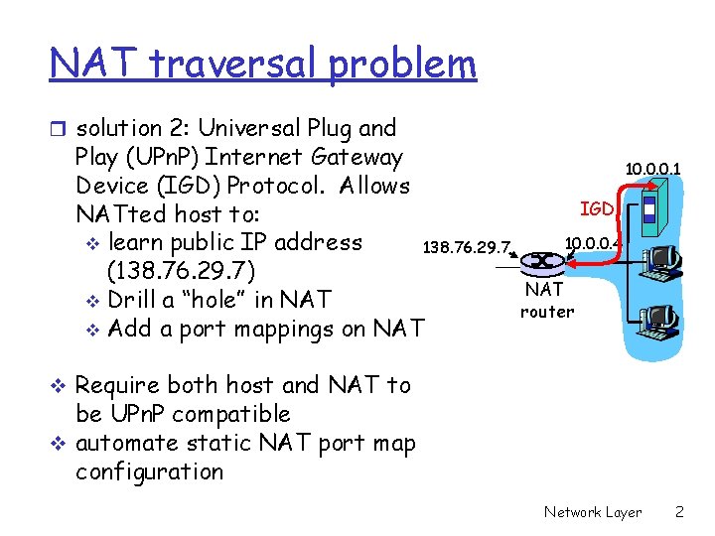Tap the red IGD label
click(597, 208)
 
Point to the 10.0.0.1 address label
click(652, 170)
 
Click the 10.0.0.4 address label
click(592, 241)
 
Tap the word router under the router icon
click(547, 312)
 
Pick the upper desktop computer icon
click(659, 261)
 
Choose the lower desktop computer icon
click(659, 318)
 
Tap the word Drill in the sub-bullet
click(135, 300)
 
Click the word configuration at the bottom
click(149, 471)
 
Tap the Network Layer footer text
click(593, 512)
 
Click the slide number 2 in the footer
click(679, 512)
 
